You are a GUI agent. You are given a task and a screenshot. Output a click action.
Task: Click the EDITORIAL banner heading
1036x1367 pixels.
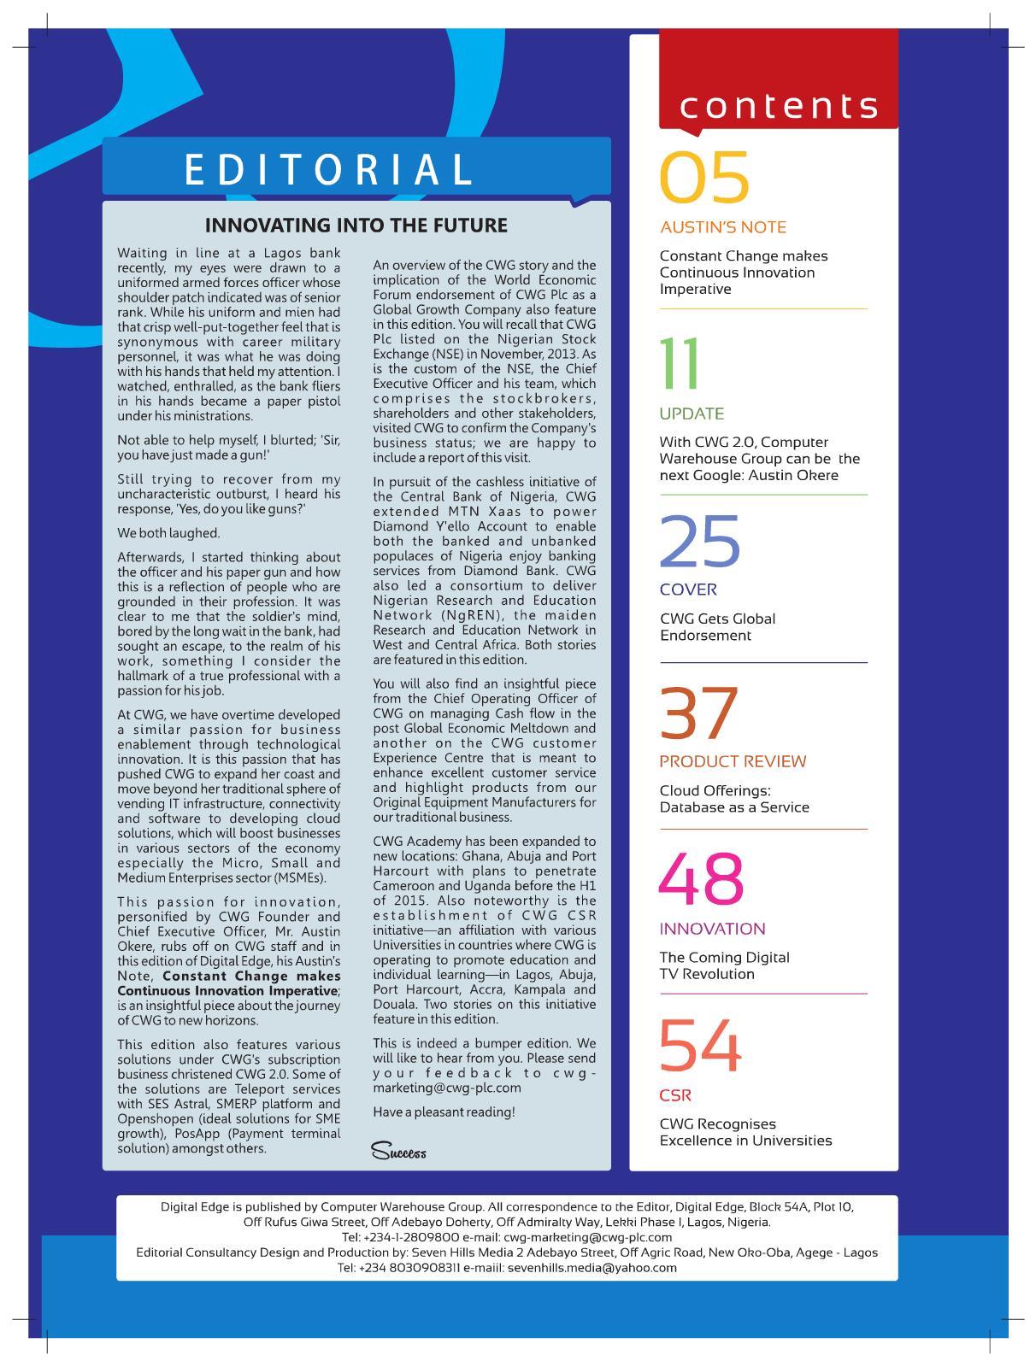(x=329, y=168)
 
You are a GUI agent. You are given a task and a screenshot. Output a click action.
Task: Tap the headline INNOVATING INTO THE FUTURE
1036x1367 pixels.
(x=356, y=226)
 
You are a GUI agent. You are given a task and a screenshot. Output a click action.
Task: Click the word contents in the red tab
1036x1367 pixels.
(x=779, y=106)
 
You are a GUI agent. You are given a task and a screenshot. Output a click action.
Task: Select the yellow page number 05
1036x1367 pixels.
(x=704, y=179)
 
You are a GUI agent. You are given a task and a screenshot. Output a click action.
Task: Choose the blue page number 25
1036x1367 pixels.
(x=700, y=542)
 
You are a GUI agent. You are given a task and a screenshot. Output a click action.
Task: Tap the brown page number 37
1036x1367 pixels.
(x=698, y=713)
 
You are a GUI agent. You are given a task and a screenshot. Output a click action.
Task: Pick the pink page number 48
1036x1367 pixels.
(x=701, y=880)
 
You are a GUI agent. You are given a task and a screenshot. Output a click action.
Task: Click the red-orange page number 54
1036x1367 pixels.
(x=699, y=1047)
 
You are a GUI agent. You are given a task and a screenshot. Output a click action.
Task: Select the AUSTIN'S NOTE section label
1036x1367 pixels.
(x=723, y=228)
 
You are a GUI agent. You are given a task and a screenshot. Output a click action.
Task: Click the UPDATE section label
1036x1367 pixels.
(x=692, y=414)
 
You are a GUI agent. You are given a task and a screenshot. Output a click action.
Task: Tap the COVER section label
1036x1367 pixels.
(x=688, y=590)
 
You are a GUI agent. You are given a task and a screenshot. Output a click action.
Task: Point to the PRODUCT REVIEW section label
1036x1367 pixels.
(x=733, y=761)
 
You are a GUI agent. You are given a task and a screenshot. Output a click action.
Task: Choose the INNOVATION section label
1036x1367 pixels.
(x=712, y=929)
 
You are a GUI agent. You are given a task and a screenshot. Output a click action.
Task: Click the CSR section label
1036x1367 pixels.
(x=675, y=1095)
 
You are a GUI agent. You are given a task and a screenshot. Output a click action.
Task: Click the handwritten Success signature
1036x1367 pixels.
(x=398, y=1152)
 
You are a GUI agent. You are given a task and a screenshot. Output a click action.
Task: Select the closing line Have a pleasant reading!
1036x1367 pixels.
(x=444, y=1112)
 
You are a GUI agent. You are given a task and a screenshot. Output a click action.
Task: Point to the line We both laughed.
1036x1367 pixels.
(x=168, y=533)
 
